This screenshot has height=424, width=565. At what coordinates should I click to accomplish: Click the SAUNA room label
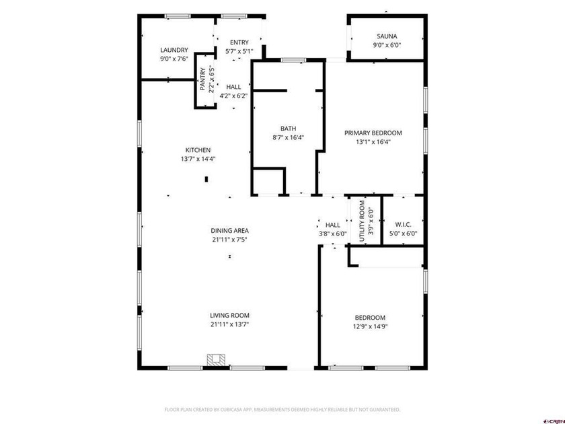[386, 36]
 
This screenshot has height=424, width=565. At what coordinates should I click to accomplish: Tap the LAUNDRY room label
[174, 50]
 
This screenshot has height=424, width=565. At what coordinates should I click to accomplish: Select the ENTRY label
[239, 42]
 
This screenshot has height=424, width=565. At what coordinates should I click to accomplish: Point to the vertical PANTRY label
[202, 79]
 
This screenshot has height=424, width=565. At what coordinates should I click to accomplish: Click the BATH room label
[288, 129]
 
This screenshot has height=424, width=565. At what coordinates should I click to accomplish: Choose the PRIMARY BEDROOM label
[373, 133]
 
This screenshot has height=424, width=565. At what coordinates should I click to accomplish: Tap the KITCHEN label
[198, 150]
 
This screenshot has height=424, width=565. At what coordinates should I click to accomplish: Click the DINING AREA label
[230, 230]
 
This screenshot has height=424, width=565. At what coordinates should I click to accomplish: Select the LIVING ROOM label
[230, 315]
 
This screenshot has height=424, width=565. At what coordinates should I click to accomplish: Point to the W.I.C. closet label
[404, 225]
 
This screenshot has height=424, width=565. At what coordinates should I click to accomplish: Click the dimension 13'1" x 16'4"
[373, 141]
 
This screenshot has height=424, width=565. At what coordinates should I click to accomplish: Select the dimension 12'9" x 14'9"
[370, 326]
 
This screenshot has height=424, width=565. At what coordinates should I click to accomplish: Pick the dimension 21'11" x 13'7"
[230, 324]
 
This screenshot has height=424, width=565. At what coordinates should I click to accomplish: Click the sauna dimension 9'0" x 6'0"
[386, 45]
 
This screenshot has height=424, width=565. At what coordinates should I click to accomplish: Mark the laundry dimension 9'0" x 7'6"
[174, 59]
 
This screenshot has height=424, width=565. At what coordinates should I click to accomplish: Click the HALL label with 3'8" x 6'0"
[332, 225]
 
